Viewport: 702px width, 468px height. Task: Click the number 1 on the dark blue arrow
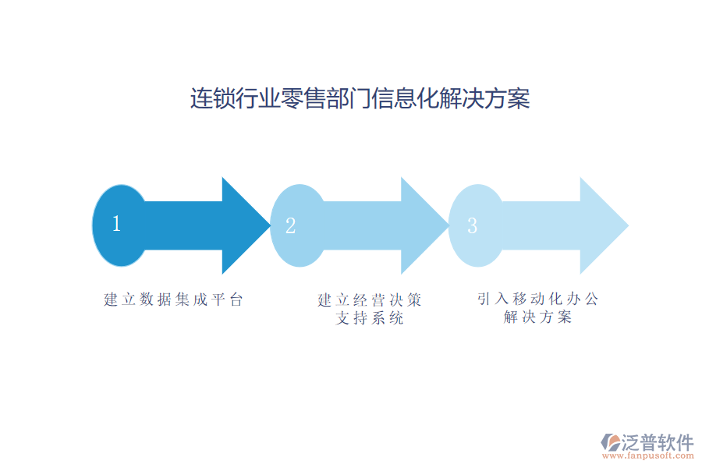[116, 224]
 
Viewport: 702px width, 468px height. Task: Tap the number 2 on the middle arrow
[290, 226]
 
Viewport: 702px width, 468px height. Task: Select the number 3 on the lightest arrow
[472, 226]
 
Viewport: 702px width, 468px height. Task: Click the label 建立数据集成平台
[174, 300]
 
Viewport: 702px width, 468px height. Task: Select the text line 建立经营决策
[370, 300]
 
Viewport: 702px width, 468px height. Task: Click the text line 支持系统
[370, 318]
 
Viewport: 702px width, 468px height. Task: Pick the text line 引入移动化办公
[538, 299]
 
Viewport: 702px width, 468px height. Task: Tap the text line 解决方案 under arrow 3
[538, 317]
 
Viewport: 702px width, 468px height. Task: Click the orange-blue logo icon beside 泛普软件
[609, 443]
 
